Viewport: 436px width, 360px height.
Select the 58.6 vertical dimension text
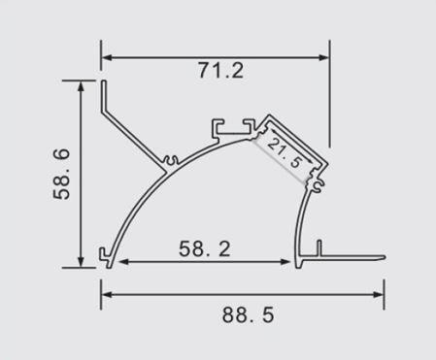(61, 174)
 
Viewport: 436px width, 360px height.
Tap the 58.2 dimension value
(204, 248)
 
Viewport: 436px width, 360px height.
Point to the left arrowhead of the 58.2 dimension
(120, 261)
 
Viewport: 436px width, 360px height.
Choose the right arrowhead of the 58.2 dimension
(288, 261)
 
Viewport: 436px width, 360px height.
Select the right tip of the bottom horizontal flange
(384, 257)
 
